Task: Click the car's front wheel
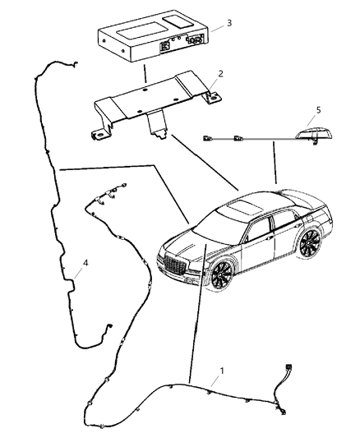pos(220,276)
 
